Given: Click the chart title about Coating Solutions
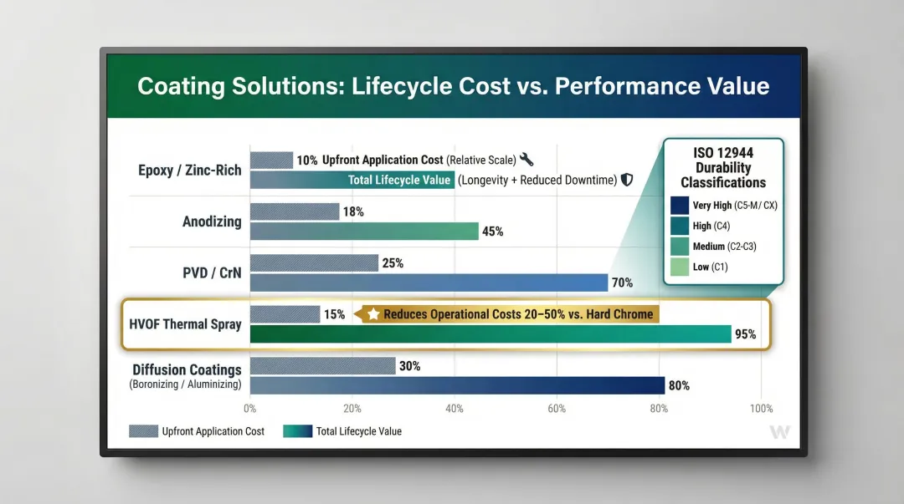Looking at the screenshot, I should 453,86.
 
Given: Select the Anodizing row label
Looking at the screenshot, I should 212,221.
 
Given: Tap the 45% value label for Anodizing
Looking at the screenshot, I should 493,232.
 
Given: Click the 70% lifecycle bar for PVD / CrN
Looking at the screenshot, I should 429,283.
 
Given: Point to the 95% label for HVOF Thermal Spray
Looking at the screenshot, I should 745,334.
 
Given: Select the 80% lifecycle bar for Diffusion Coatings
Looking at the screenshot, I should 457,385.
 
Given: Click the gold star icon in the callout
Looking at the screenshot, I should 373,314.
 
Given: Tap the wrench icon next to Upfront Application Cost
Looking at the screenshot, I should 526,160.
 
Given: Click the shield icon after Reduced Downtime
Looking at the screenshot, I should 626,180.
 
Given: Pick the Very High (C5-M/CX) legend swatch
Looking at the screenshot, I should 680,206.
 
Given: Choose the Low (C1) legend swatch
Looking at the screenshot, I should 680,267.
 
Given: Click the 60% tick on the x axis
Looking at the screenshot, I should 556,409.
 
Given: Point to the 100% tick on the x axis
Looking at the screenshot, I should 761,409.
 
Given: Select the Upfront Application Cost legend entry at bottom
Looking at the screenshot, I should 197,431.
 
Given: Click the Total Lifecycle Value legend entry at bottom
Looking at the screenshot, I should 343,431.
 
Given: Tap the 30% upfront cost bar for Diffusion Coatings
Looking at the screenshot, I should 322,366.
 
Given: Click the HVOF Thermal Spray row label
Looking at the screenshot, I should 185,323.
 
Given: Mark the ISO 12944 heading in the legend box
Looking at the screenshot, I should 723,167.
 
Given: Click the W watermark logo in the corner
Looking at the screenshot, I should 779,432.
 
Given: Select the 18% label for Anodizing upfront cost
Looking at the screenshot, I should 352,212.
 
